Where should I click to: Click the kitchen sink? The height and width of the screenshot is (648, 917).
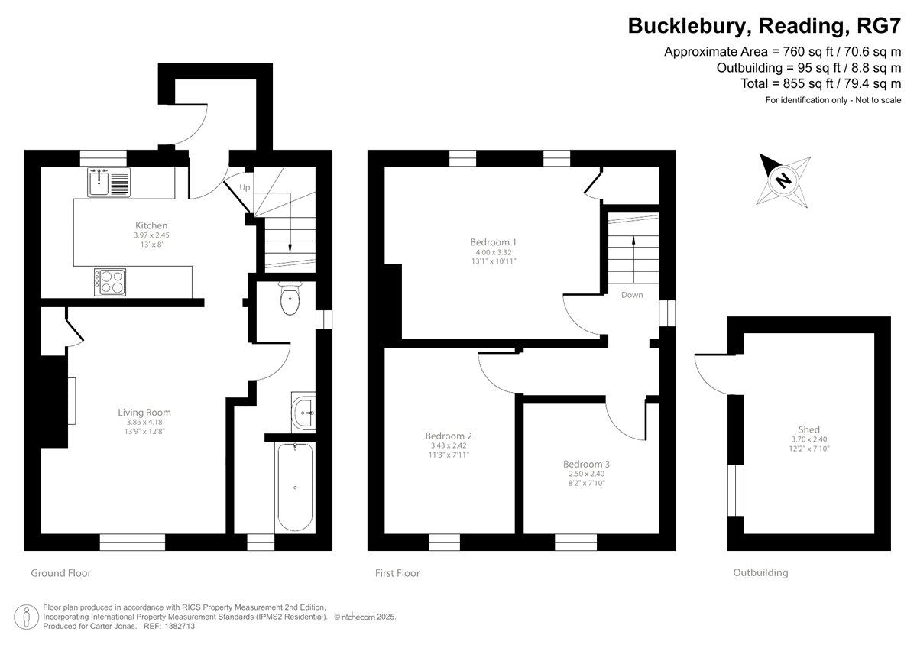click(x=109, y=182)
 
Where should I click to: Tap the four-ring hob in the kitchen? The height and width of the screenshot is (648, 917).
click(x=110, y=282)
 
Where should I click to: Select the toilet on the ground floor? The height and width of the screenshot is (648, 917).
click(x=290, y=298)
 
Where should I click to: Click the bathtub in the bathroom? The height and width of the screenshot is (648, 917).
click(x=295, y=487)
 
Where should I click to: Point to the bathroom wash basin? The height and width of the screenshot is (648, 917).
click(x=303, y=412)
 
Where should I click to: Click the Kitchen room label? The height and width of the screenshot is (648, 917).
click(x=151, y=225)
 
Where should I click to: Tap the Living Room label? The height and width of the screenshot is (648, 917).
click(x=144, y=413)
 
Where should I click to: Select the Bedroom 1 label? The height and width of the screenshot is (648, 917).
click(x=494, y=242)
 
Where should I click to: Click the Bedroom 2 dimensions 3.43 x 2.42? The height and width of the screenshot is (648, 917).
click(x=449, y=446)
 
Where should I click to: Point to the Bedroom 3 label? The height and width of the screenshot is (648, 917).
click(x=586, y=464)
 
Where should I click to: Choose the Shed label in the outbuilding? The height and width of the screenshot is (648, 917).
click(x=809, y=429)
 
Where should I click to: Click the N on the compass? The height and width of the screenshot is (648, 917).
click(x=783, y=180)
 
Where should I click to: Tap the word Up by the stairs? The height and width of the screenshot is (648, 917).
click(x=245, y=187)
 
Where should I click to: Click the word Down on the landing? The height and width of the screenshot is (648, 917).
click(x=632, y=295)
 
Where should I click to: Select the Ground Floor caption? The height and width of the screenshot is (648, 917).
click(x=61, y=573)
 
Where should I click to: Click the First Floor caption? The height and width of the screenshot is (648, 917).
click(x=397, y=573)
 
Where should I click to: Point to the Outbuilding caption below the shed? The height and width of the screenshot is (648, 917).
click(x=760, y=572)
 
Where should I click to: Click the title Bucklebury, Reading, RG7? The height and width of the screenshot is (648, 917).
click(x=764, y=26)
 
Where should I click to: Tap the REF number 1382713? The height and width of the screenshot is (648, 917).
click(x=179, y=627)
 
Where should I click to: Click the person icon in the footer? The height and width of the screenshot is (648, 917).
click(x=27, y=617)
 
